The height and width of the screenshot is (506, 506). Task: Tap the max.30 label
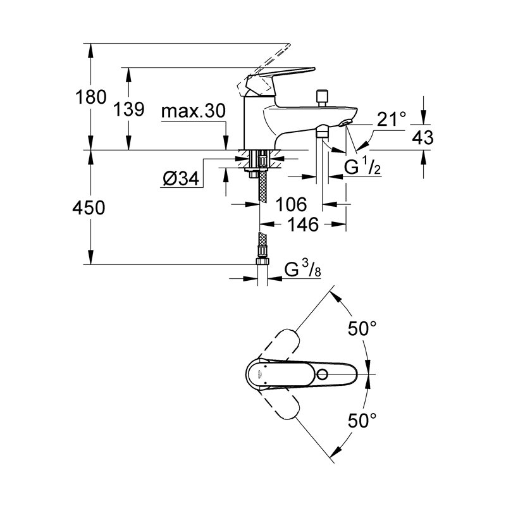click(x=193, y=112)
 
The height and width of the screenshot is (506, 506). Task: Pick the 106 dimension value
click(x=292, y=204)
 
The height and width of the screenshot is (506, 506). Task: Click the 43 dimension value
click(x=423, y=137)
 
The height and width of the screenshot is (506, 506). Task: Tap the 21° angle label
click(x=391, y=119)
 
